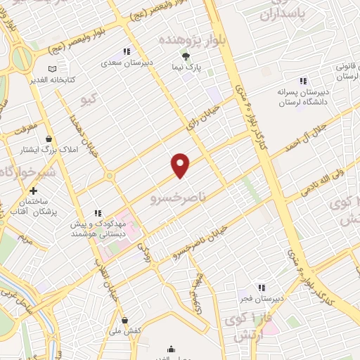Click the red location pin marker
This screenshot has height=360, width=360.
(181, 165)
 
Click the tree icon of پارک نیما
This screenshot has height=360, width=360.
(186, 56)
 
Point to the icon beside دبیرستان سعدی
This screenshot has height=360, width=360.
(127, 51)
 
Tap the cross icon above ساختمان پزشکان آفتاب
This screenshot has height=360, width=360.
(33, 191)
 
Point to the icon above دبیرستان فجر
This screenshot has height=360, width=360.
(262, 287)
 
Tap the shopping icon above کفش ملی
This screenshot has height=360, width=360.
(124, 321)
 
